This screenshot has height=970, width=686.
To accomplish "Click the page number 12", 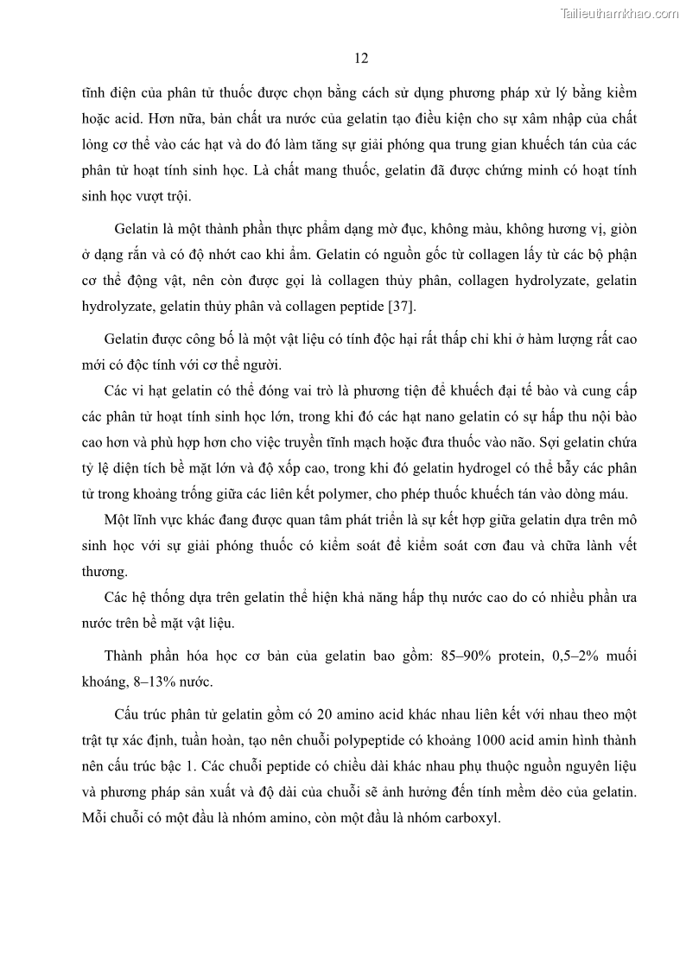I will pyautogui.click(x=362, y=59).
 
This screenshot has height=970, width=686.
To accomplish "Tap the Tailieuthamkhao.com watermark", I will pyautogui.click(x=619, y=13).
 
